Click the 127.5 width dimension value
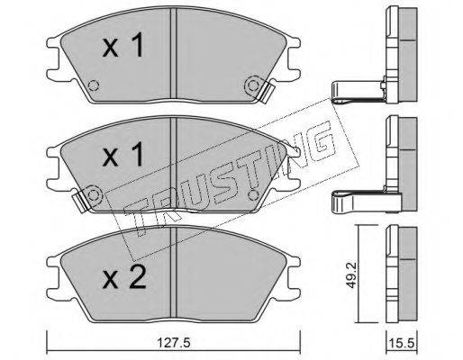tap(174, 342)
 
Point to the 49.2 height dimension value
tap(350, 274)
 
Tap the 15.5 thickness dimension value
tap(402, 342)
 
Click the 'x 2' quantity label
tap(123, 278)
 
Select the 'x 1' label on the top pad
tap(123, 45)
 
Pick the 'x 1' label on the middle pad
tap(123, 154)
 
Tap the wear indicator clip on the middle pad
tap(80, 201)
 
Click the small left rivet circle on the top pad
tap(94, 86)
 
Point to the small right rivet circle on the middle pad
tap(253, 195)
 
